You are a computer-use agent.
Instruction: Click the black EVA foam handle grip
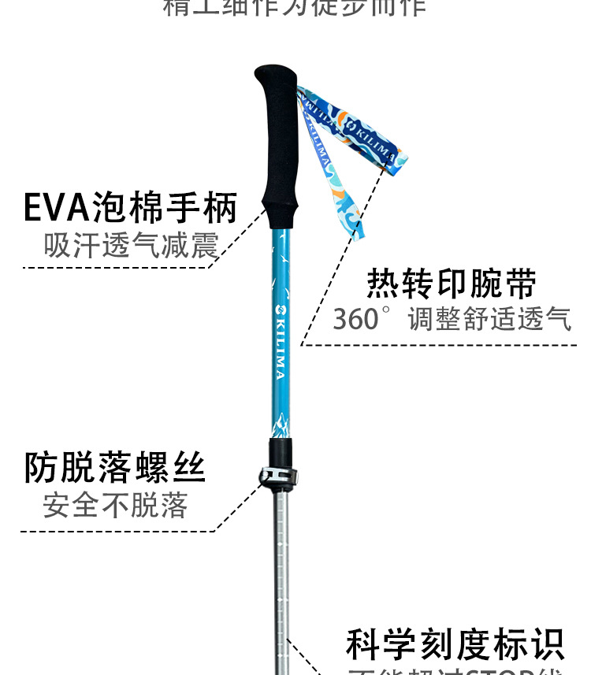[279, 150]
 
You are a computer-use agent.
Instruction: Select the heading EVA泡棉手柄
[130, 208]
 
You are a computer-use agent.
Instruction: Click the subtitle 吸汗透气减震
[130, 246]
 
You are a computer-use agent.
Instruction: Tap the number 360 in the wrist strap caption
[355, 320]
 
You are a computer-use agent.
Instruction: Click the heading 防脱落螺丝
[115, 468]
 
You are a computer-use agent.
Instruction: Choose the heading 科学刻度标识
[455, 644]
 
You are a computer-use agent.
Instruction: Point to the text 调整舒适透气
[489, 320]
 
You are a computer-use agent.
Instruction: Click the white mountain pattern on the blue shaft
[281, 425]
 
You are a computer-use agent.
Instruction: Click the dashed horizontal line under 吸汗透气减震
[118, 268]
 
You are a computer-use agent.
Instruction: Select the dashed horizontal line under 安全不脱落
[118, 531]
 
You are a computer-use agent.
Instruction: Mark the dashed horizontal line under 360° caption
[441, 344]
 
